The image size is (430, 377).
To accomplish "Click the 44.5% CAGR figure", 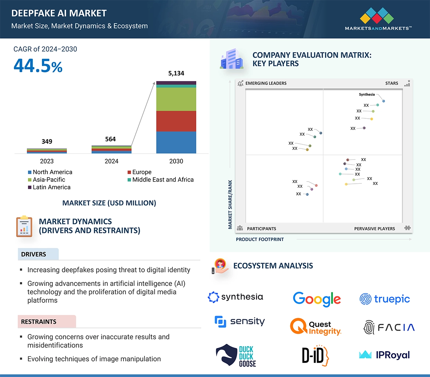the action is (38, 66).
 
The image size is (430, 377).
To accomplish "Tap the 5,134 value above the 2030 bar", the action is (176, 73).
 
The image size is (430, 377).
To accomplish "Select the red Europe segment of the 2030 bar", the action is (176, 121).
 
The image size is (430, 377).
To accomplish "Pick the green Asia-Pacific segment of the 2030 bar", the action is (176, 99).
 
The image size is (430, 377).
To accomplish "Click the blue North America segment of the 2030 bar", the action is (176, 142).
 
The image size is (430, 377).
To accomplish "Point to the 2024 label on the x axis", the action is (111, 161).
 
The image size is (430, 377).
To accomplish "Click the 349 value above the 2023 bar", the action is (47, 141).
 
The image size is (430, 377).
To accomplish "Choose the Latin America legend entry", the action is (49, 187).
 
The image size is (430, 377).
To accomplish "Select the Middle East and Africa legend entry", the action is (161, 180).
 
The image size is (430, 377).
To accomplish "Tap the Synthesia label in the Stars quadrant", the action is (367, 94).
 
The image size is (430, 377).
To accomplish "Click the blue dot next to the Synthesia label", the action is (384, 101).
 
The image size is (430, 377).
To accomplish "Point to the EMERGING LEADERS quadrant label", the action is (266, 83).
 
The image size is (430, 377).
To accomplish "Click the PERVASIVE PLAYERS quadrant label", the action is (375, 229).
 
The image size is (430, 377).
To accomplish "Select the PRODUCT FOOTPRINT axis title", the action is (260, 239).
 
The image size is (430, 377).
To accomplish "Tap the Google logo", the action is (317, 299).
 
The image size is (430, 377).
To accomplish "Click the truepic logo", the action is (385, 299).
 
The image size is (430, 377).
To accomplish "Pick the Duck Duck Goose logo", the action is (236, 356).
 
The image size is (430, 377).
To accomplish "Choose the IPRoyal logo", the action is (384, 355).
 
